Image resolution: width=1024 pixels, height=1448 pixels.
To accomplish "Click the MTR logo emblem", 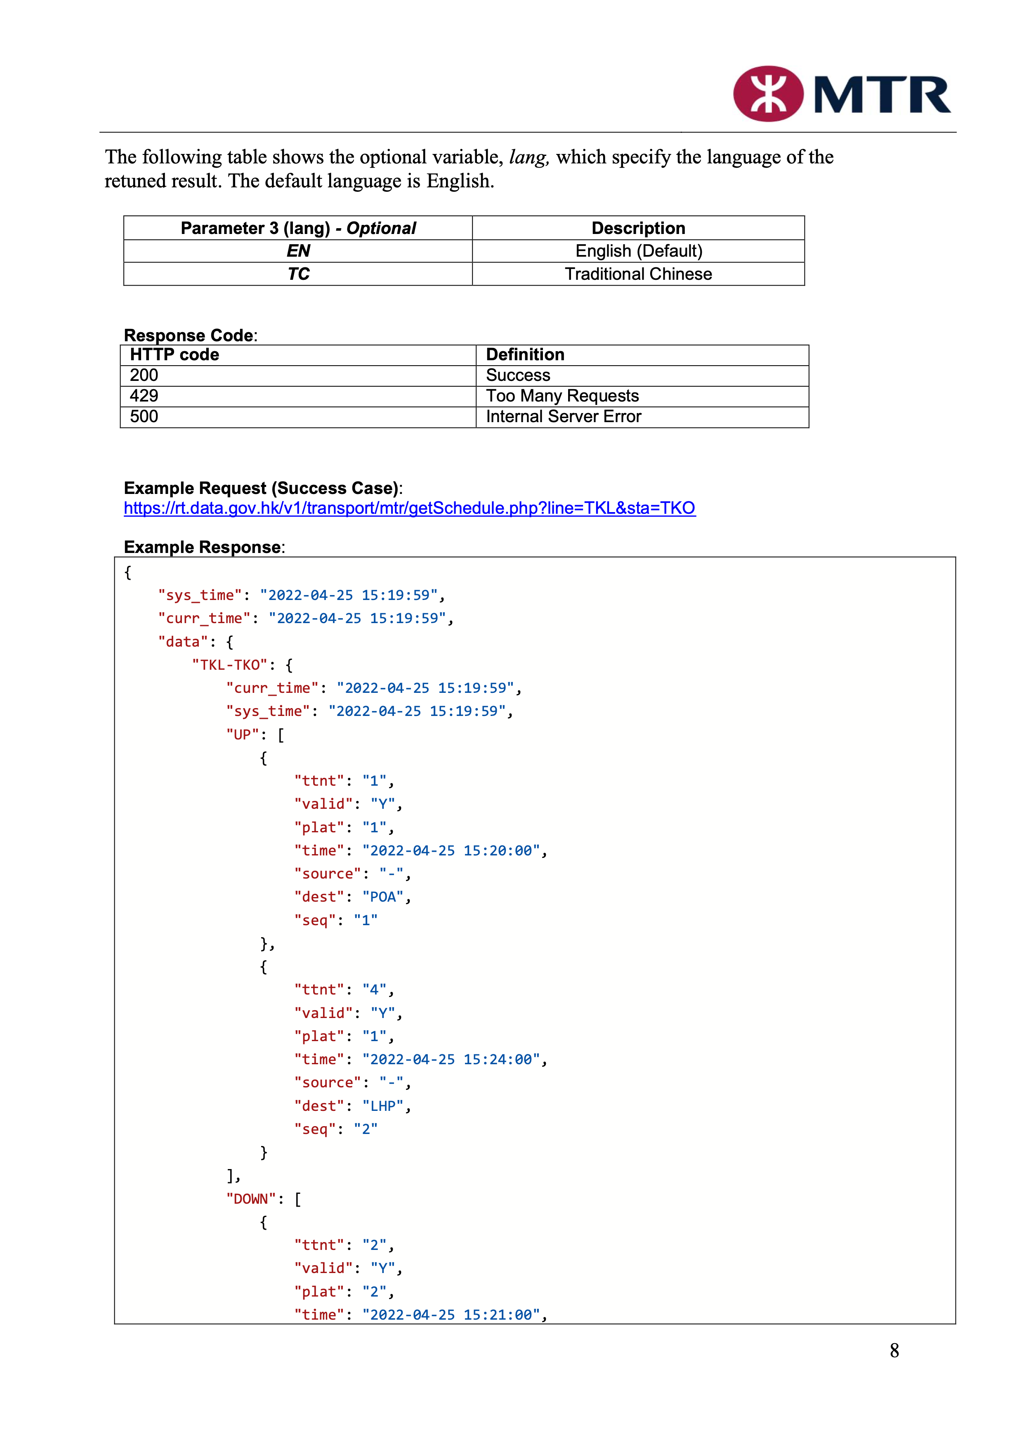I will point(768,94).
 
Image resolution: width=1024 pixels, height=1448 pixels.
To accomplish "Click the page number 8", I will point(894,1350).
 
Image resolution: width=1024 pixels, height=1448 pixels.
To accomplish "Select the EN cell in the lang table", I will point(298,251).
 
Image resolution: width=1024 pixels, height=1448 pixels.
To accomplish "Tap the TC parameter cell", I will point(298,274).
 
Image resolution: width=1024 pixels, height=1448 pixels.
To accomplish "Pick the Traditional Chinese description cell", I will point(638,274).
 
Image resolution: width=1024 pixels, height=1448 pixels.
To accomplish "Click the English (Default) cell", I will point(638,251).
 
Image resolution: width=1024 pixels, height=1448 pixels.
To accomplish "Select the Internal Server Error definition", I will point(563,416).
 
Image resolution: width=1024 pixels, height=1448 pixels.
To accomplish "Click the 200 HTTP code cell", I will point(144,375).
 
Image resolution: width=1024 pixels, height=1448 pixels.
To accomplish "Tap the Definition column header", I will point(525,354).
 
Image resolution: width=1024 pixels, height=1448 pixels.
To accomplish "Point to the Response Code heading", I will point(189,335).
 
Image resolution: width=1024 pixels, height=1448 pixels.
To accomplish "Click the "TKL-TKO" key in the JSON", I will point(229,665).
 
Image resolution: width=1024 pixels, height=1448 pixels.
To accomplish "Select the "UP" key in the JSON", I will point(242,735).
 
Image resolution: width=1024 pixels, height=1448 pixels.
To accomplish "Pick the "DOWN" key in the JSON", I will point(250,1199).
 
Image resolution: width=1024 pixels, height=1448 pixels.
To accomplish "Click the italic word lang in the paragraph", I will point(528,157).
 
